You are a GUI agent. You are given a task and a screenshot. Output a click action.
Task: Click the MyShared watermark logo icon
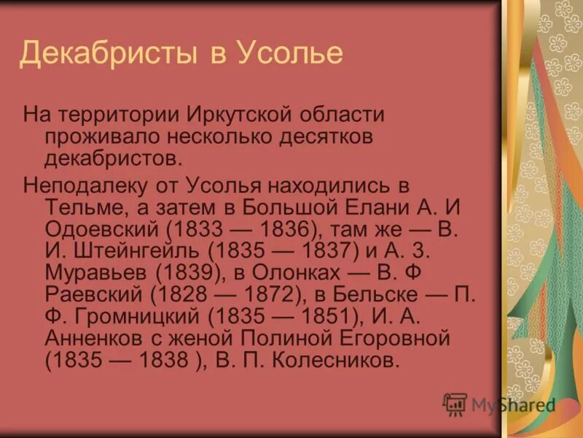click(455, 404)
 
